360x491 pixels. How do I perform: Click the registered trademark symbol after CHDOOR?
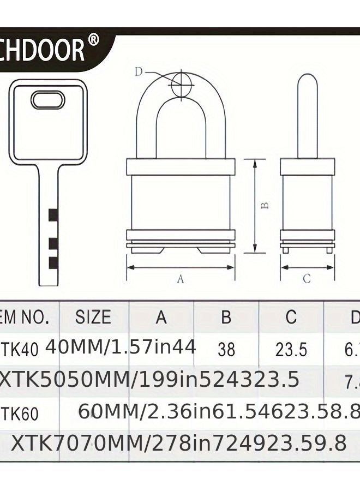point(93,42)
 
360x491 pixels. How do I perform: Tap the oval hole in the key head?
point(48,100)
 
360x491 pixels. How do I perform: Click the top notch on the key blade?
point(52,215)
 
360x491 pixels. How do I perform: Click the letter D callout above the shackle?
point(139,71)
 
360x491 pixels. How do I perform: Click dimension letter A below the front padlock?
point(181,279)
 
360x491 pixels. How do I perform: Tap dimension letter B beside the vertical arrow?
point(264,206)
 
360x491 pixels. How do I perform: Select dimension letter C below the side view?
point(307,279)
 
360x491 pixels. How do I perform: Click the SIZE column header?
point(93,317)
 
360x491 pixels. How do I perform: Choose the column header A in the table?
point(161,317)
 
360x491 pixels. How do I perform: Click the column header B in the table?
point(226,317)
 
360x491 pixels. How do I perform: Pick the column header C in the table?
point(291,317)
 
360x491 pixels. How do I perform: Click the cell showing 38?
point(226,349)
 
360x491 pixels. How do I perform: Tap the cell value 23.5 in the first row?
point(291,349)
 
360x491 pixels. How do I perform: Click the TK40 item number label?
point(21,349)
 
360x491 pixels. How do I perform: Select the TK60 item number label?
point(21,414)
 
